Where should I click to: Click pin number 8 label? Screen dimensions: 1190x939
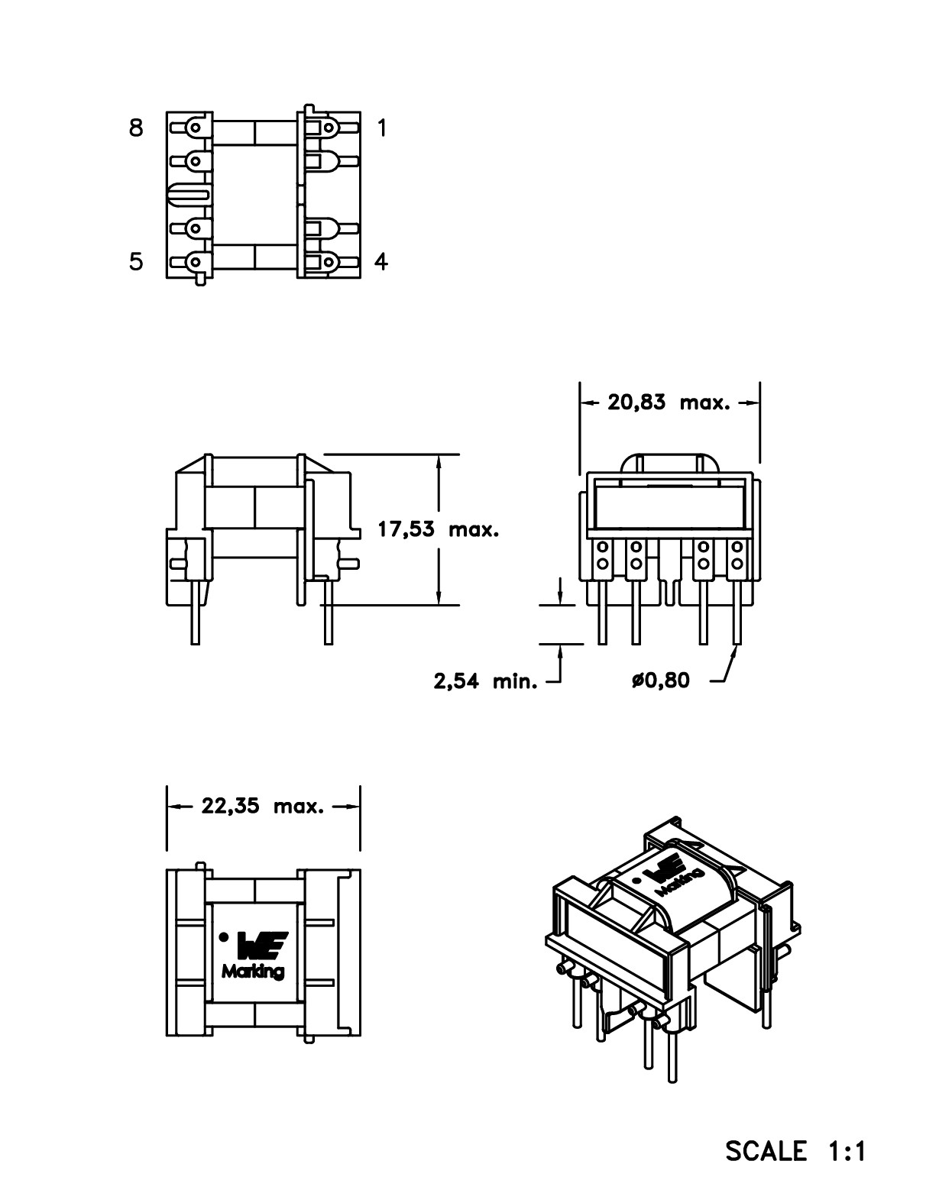136,128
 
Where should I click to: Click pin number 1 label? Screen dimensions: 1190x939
382,128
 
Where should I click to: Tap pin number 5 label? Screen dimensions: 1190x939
136,262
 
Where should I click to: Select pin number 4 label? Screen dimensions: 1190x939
381,262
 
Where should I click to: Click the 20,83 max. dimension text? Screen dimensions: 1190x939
669,402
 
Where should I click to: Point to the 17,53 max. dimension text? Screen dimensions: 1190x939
438,529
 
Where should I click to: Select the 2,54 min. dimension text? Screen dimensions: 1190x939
485,681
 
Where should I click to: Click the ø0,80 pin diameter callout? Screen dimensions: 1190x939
660,680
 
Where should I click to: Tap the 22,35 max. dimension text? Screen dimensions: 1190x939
263,805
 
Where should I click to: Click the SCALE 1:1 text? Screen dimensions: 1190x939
795,1150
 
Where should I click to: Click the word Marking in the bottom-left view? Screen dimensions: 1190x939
253,972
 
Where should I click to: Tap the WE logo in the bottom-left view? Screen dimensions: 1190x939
262,946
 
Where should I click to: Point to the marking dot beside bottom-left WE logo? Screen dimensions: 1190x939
224,936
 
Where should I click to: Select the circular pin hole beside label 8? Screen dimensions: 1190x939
196,128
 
